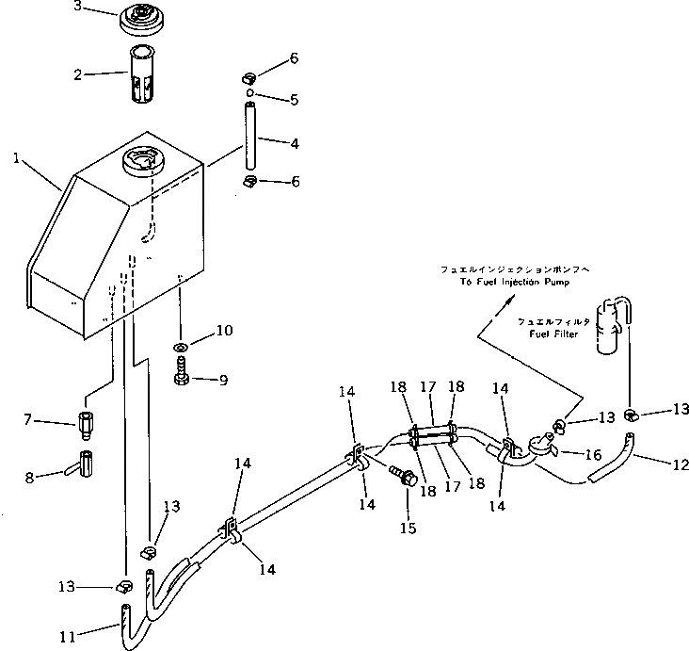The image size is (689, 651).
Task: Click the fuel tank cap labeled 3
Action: pos(143,20)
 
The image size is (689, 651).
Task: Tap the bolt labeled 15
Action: pos(407,478)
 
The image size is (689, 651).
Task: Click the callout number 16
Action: pos(593,454)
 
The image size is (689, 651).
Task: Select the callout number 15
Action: pos(408,529)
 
